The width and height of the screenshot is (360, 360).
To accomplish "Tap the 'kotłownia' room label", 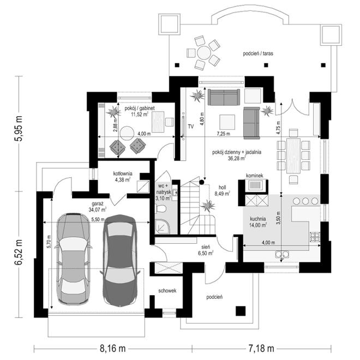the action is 123,173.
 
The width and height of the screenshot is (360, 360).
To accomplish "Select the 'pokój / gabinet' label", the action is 140,108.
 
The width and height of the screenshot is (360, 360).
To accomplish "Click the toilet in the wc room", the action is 161,209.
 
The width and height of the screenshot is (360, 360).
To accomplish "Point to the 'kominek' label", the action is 255,176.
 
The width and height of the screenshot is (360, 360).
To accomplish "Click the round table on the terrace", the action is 203,52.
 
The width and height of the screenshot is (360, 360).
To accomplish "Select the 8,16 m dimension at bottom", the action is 113,349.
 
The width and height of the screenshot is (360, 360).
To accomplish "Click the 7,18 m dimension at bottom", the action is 261,349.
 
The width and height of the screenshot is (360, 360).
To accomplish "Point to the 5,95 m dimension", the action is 19,128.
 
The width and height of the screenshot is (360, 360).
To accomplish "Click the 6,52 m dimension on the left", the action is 19,253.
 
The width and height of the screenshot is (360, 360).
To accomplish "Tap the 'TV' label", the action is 190,127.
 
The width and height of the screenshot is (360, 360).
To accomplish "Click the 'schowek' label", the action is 167,291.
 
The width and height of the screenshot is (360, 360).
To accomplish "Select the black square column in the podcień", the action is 241,311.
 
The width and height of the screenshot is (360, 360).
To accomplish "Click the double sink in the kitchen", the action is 282,254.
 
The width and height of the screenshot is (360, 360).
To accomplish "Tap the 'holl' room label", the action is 222,187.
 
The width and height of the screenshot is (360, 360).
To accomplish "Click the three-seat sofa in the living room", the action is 224,97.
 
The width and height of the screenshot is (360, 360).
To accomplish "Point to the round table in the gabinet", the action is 127,133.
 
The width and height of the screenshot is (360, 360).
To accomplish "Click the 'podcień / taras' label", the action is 258,53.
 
